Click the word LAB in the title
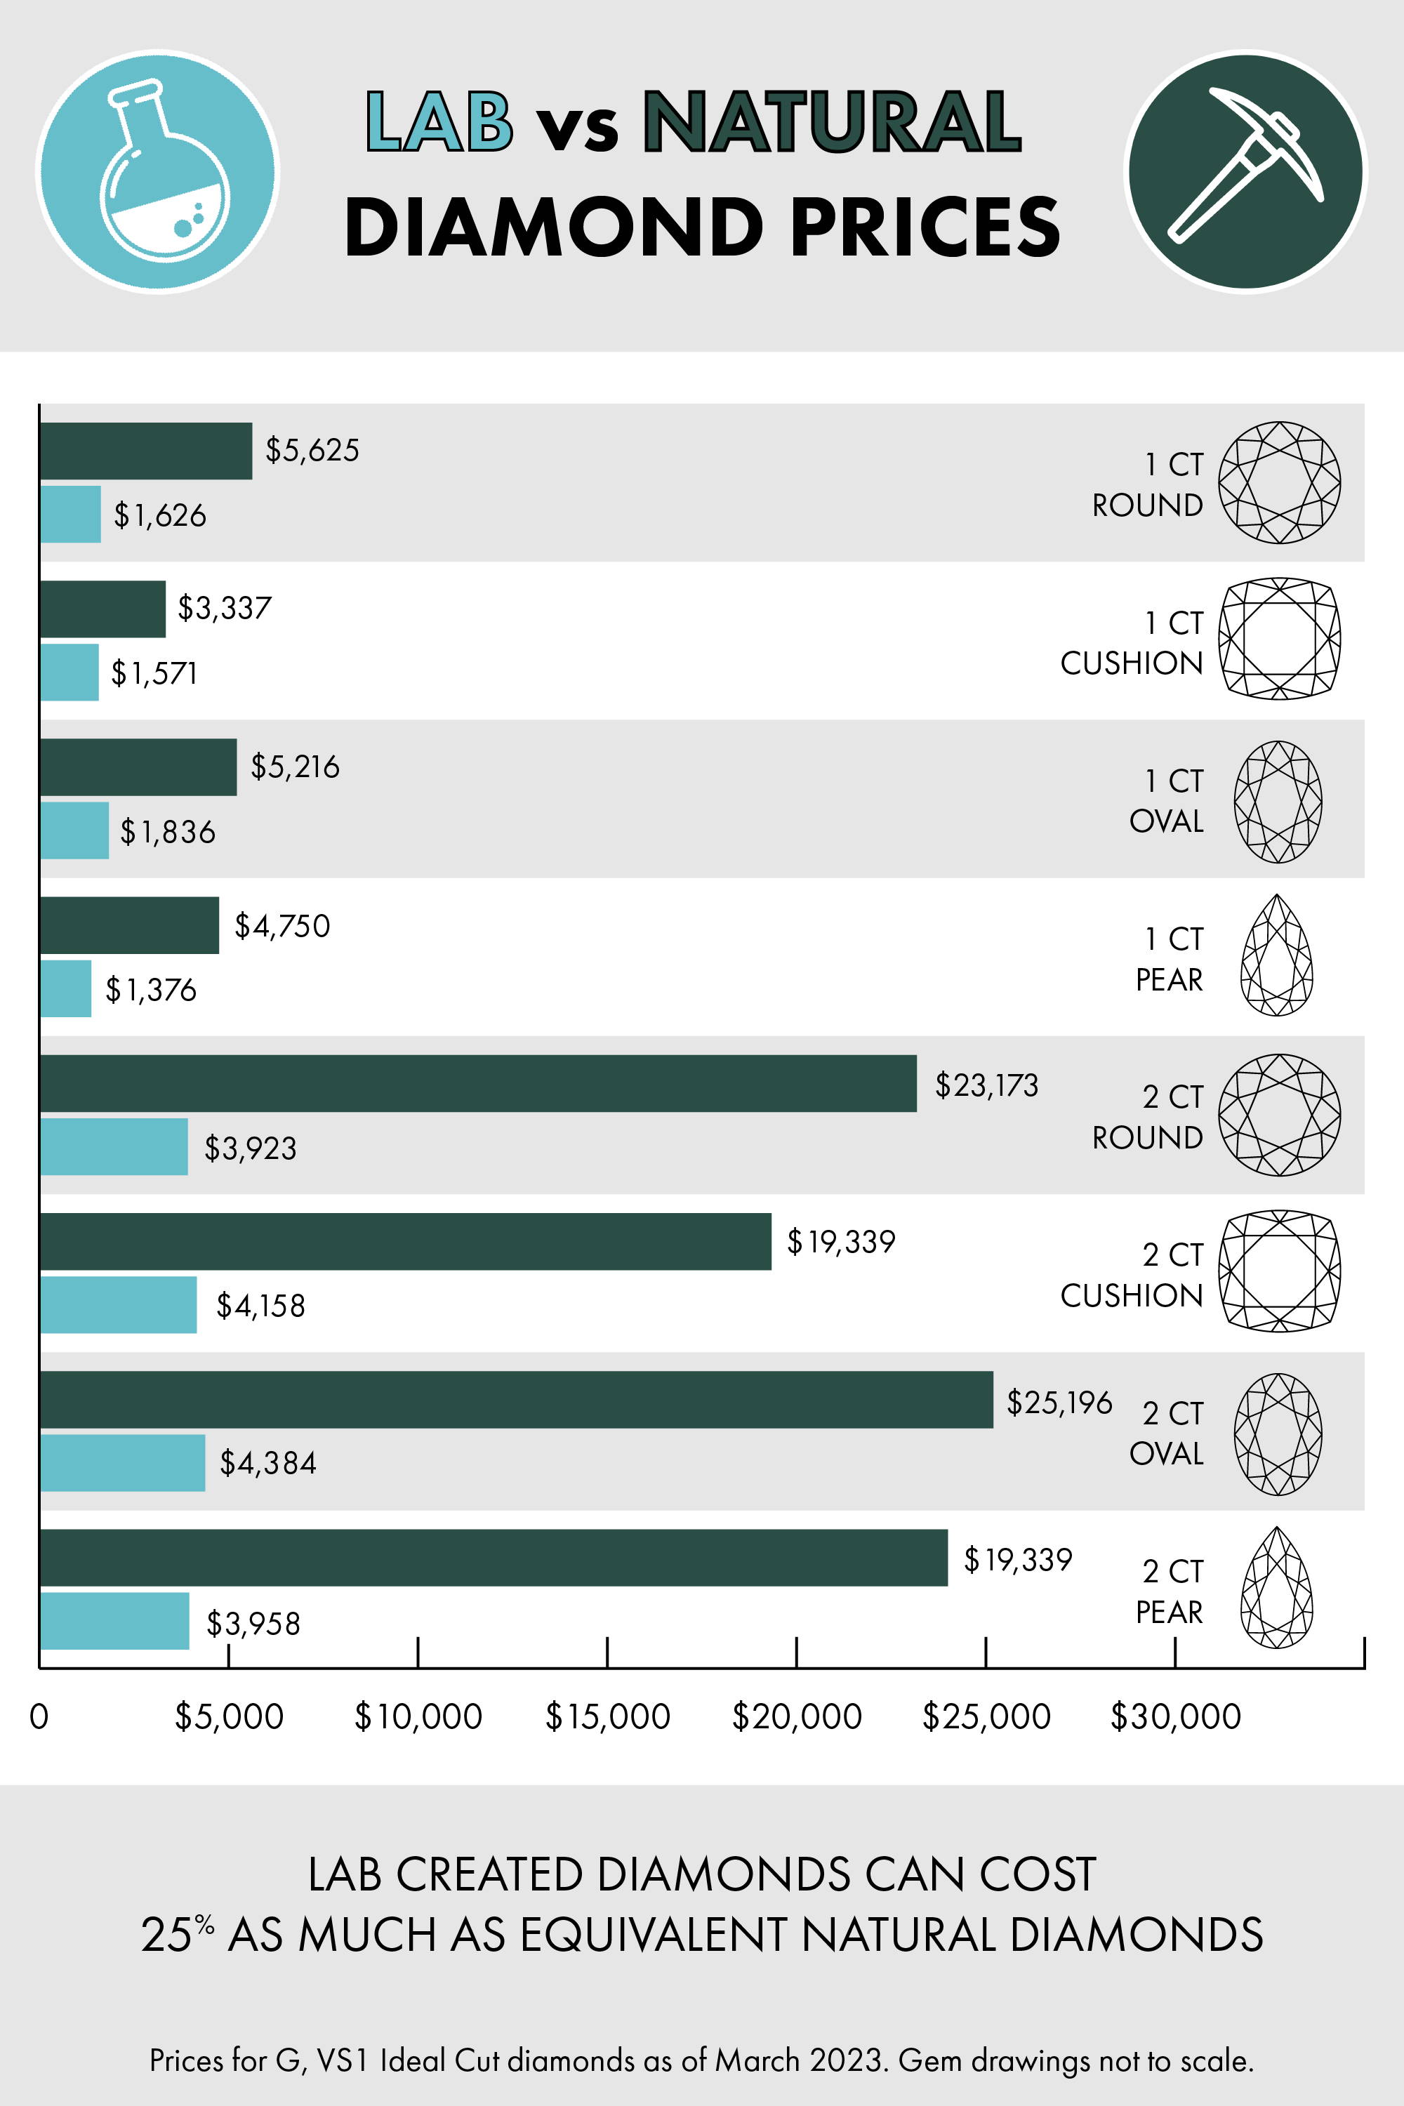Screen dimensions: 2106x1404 pyautogui.click(x=439, y=121)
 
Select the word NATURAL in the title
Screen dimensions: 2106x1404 pyautogui.click(x=832, y=121)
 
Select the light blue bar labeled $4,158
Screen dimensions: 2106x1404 pyautogui.click(x=118, y=1304)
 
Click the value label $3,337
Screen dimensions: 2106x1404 pyautogui.click(x=224, y=608)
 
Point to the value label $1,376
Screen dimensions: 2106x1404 pyautogui.click(x=150, y=989)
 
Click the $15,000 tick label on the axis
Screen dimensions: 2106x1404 pyautogui.click(x=607, y=1716)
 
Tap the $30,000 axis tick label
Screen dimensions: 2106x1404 pyautogui.click(x=1174, y=1716)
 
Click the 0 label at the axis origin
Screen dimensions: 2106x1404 pyautogui.click(x=39, y=1716)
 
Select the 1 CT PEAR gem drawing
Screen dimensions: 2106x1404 pyautogui.click(x=1276, y=955)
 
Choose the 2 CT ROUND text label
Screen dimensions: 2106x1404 pyautogui.click(x=1148, y=1117)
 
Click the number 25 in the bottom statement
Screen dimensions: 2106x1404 pyautogui.click(x=166, y=1935)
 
